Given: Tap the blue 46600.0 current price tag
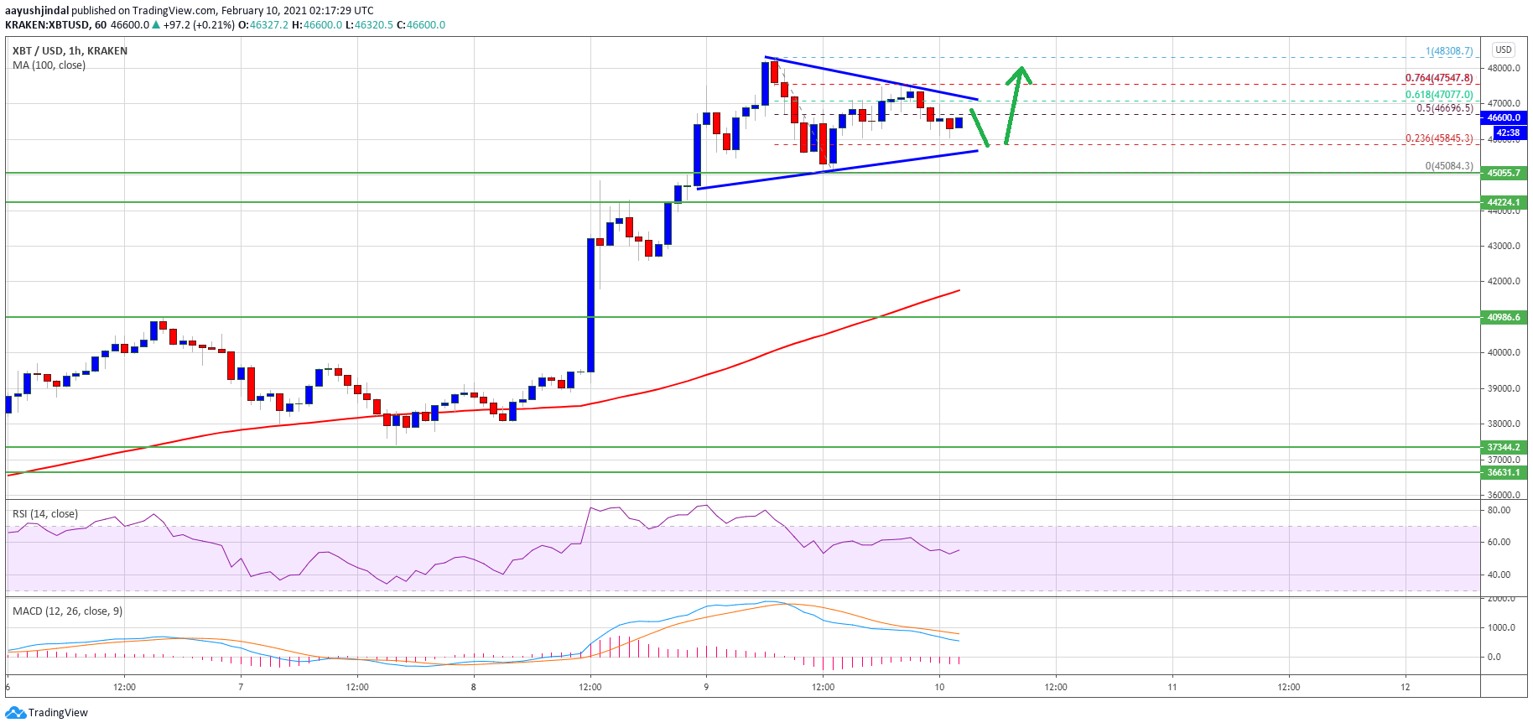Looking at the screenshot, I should point(1504,118).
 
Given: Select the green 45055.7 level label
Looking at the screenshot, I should point(1504,174).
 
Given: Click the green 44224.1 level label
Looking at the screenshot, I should point(1504,202).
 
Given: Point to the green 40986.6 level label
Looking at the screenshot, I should point(1504,317).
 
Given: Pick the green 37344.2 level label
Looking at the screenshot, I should point(1504,447).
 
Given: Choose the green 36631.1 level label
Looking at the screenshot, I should point(1504,472).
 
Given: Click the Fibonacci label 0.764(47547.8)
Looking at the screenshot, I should point(1438,78).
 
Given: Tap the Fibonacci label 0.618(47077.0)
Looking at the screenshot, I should point(1438,95).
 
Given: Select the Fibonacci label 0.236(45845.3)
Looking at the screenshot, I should point(1438,138).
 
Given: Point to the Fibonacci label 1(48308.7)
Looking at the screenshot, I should point(1448,51).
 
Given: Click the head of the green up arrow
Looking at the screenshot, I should point(1020,72).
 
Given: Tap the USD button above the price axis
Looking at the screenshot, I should point(1504,49).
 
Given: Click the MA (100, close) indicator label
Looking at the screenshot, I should point(49,65).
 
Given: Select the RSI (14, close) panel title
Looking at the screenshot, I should point(45,514).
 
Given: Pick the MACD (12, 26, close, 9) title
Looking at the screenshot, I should point(67,611).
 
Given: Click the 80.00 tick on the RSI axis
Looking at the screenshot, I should point(1499,510).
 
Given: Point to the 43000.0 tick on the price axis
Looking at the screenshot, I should point(1503,247).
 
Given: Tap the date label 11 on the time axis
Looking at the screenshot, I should point(1172,687).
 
